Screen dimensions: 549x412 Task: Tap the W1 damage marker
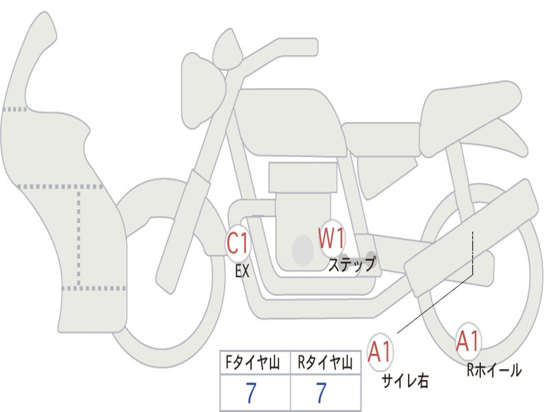332,238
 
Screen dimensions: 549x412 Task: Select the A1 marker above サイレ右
380,352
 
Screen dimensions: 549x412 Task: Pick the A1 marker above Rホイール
468,341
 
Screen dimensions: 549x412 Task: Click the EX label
242,271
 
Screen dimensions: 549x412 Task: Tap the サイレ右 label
405,381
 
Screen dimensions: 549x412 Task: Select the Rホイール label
494,370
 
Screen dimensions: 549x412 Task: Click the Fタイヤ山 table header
255,364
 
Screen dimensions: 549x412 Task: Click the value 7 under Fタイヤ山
251,393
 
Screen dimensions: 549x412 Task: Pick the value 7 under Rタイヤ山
321,393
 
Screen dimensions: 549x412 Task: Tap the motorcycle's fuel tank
290,121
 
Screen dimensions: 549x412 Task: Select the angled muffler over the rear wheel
472,236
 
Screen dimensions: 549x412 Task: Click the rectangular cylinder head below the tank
303,178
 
